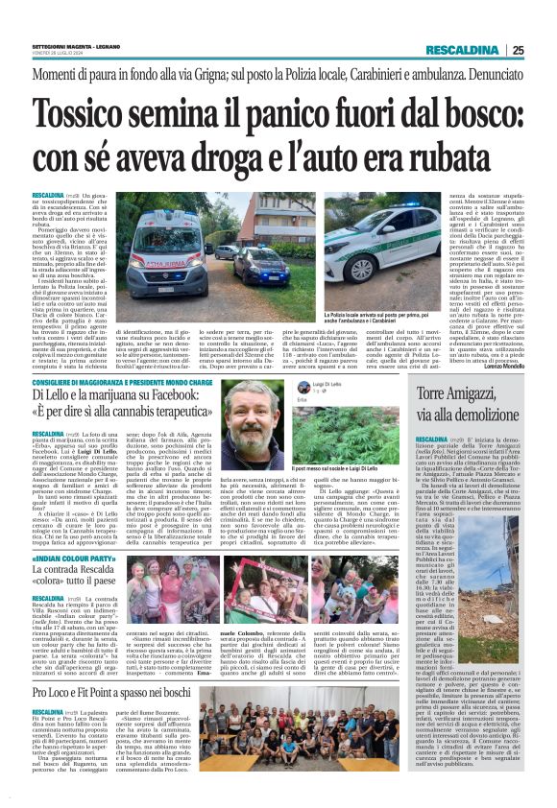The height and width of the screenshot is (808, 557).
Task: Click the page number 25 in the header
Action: click(545, 50)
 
